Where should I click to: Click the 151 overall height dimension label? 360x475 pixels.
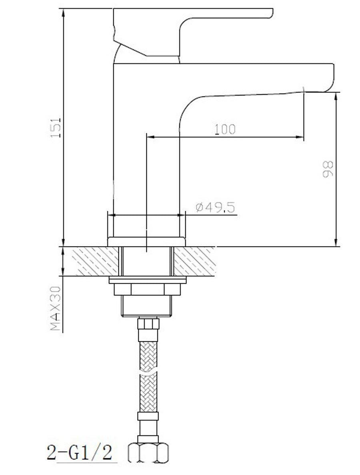click(56, 128)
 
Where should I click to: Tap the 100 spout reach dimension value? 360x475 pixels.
click(225, 129)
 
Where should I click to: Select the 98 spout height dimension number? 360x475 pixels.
click(328, 169)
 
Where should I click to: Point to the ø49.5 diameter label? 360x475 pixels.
click(215, 208)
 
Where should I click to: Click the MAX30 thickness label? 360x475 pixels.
click(56, 308)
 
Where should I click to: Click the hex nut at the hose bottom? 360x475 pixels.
click(148, 453)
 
